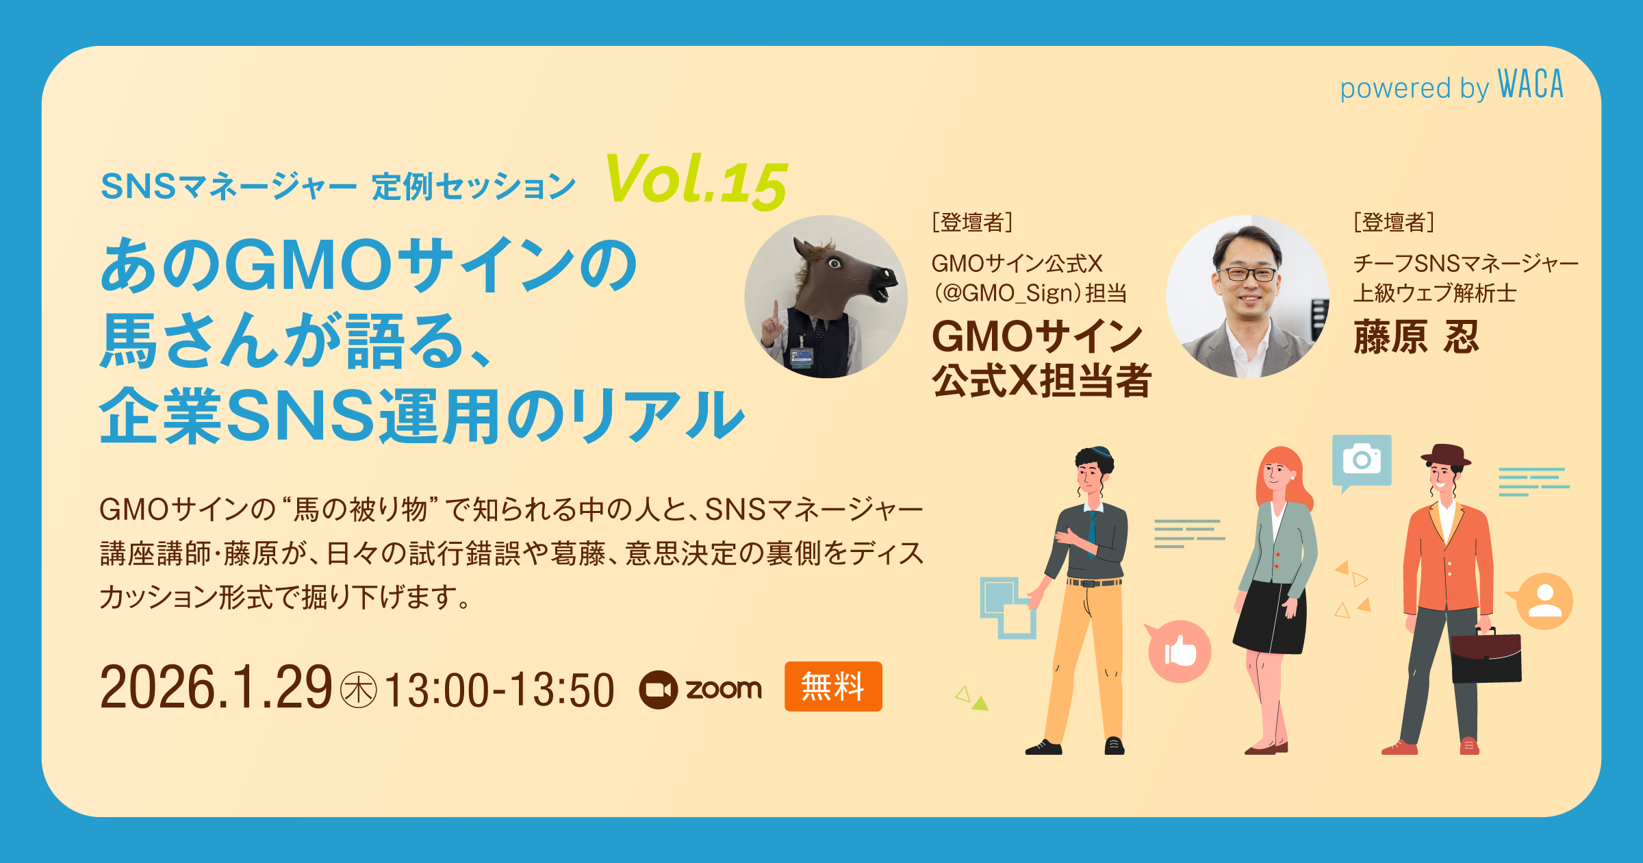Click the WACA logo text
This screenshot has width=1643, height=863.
1530,85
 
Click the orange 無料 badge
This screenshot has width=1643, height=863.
833,686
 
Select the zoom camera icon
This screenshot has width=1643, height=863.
659,689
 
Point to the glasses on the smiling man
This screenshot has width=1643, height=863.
1246,274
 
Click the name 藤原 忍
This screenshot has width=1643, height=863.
1416,337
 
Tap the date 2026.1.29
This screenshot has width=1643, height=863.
216,688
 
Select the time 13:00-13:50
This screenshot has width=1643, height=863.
499,690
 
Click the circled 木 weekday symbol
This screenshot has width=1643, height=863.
358,690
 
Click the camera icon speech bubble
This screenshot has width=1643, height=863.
1362,461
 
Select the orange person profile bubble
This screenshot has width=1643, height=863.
1543,601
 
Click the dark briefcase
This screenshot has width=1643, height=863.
1486,656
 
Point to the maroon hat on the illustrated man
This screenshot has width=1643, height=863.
1445,455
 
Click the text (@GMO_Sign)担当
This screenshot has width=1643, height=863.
1030,293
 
